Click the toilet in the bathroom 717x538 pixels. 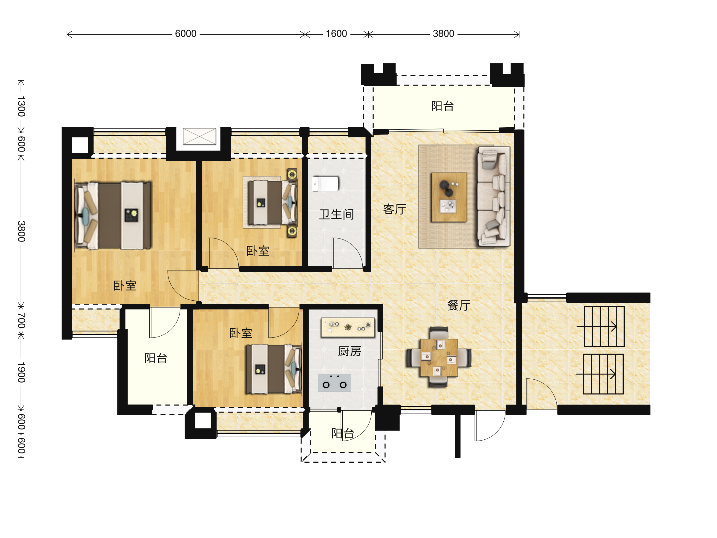pos(325,184)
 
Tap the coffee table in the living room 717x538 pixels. pos(449,197)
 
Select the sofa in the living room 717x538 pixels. pos(493,196)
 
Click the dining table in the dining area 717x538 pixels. pos(439,358)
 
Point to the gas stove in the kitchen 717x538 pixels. pos(335,383)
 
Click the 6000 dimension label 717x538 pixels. pos(186,34)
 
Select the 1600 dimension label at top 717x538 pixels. pos(336,34)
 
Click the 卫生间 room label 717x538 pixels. pos(336,214)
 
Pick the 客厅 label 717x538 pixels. pos(394,209)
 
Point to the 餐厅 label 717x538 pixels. pos(459,305)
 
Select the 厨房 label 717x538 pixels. pos(350,351)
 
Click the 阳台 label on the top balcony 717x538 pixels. pos(442,106)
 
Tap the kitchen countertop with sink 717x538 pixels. pos(348,328)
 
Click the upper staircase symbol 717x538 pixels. pos(604,326)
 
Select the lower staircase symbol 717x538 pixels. pos(603,374)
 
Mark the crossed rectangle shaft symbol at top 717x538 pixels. pos(199,136)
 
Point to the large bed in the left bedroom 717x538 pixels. pos(112,215)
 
